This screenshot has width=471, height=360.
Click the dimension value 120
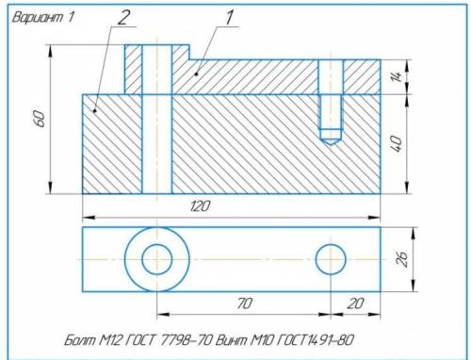(x=200, y=206)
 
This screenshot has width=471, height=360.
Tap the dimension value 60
(x=41, y=119)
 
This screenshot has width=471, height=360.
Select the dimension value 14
(x=397, y=76)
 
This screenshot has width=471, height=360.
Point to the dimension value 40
(x=397, y=143)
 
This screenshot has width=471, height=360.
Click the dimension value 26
(x=402, y=259)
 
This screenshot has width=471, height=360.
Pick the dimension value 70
(x=244, y=303)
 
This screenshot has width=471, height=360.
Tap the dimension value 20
(x=355, y=303)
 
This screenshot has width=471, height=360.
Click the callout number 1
(x=230, y=18)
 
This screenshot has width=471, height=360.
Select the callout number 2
(x=122, y=18)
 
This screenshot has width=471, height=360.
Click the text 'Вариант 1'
(x=43, y=17)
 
